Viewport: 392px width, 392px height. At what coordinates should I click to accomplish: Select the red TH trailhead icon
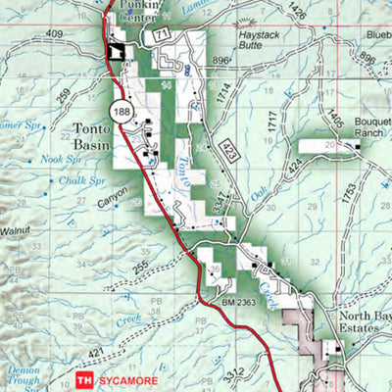click(85, 375)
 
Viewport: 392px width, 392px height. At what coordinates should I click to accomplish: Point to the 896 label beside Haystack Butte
click(223, 60)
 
